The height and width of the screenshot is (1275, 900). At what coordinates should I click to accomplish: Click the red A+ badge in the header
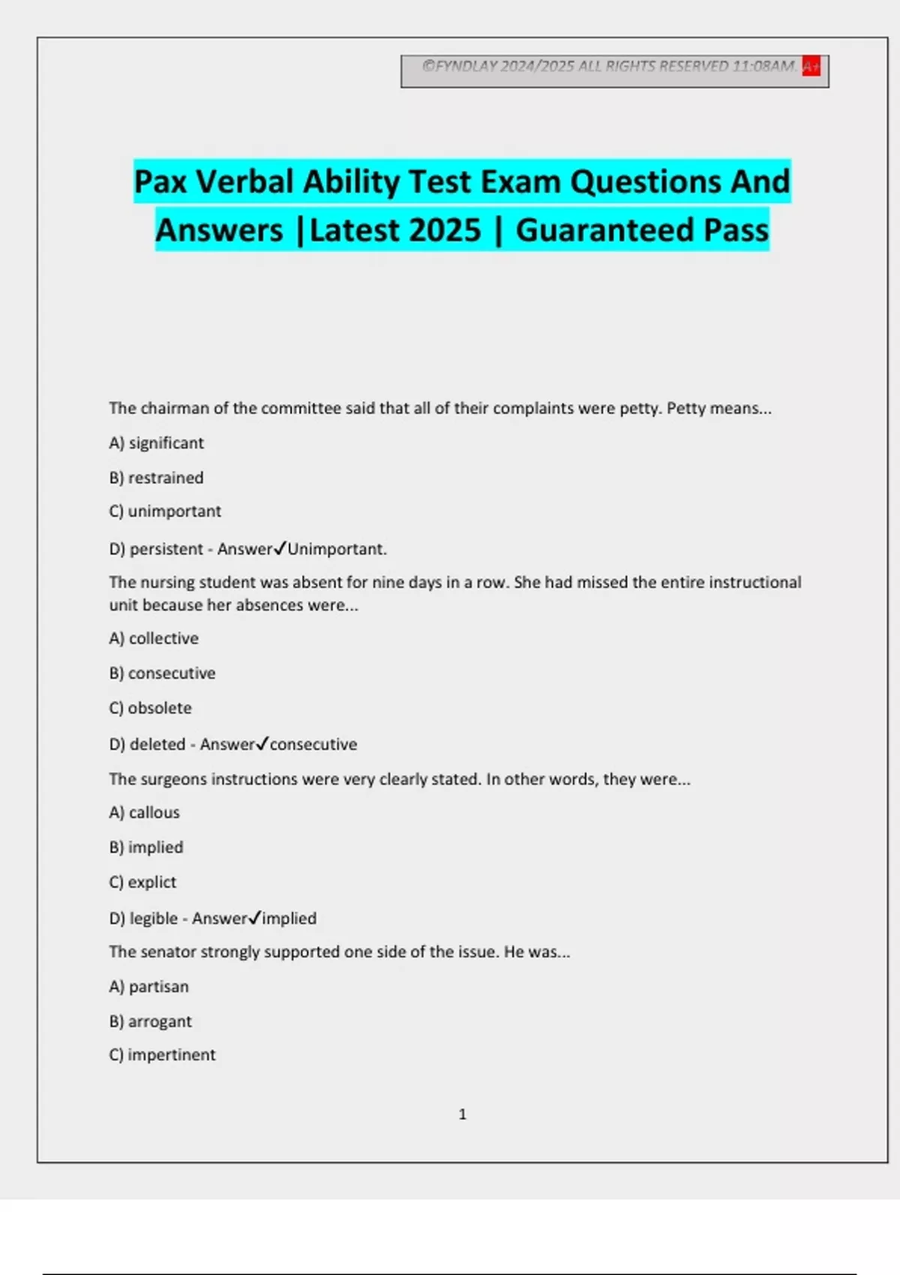(x=811, y=66)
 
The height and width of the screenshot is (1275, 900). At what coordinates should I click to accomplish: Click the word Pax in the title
(x=160, y=182)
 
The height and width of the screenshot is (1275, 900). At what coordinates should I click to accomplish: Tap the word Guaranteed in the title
(x=604, y=230)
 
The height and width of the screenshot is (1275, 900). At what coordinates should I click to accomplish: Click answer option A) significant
(x=156, y=443)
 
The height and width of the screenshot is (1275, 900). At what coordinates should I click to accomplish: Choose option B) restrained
(x=156, y=478)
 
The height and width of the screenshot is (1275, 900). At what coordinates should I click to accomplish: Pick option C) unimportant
(x=165, y=511)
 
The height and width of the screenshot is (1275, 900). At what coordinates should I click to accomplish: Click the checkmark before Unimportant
(x=280, y=548)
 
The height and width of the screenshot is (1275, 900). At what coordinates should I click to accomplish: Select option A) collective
(x=154, y=638)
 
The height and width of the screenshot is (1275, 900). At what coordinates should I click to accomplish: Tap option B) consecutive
(x=162, y=673)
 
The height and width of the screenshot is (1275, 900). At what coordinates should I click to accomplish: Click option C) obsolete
(x=150, y=708)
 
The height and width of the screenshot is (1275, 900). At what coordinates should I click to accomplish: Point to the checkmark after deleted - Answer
(x=262, y=743)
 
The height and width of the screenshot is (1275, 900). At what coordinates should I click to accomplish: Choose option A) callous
(x=144, y=812)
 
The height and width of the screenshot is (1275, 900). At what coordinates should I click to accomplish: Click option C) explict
(x=142, y=882)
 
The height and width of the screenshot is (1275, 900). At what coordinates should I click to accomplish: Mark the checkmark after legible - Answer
(x=255, y=917)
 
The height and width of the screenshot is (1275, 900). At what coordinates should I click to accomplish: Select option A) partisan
(x=148, y=986)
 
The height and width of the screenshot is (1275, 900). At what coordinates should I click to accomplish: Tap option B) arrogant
(x=150, y=1021)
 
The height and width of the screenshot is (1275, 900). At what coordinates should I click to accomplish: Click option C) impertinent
(x=162, y=1054)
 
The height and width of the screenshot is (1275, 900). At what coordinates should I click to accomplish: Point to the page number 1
(x=462, y=1114)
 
